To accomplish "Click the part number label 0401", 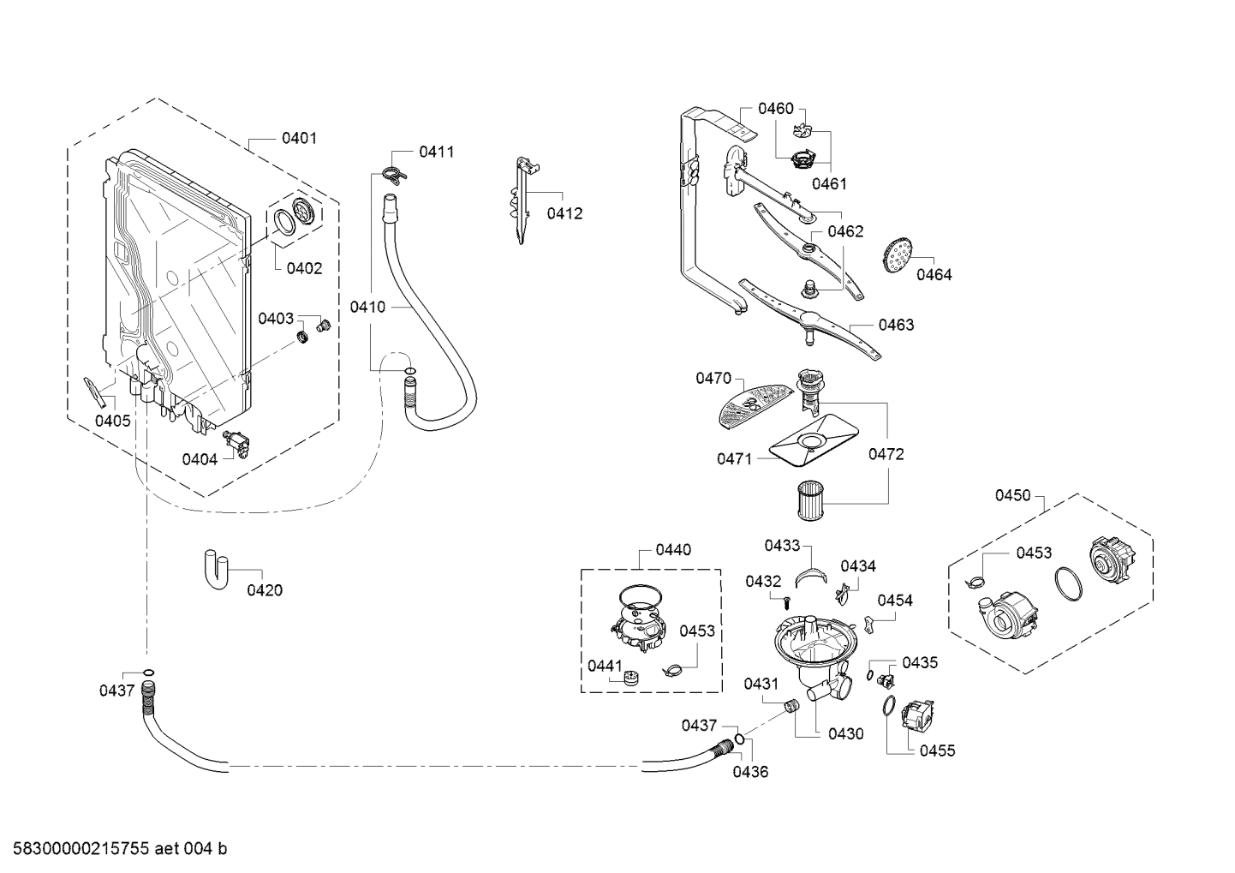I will coord(299,138).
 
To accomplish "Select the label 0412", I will coord(564,213).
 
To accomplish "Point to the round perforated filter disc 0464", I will coord(897,254).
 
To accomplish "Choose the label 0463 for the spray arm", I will coord(896,325).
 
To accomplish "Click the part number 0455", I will coord(937,751).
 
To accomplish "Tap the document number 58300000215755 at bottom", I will coord(76,849).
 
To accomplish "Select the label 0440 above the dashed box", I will coord(673,550).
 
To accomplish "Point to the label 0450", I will coord(1012,496).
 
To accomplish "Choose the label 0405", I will coord(112,420).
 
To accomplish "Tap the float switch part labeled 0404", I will coord(237,444).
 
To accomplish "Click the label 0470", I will coord(713,378).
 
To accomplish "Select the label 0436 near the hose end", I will coord(750,772).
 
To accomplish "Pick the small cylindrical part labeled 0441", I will coord(632,677).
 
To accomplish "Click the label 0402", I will coord(304,268).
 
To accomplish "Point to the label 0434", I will coord(857,566).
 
